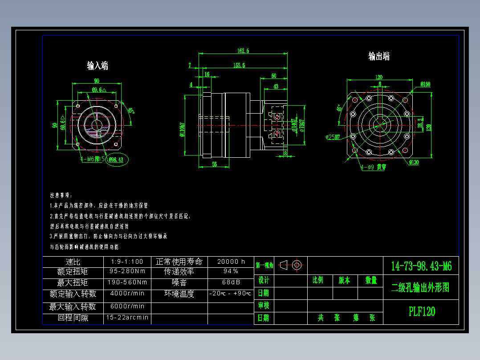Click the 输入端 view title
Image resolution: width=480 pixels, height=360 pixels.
(98, 66)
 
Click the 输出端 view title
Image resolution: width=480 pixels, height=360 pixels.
(379, 57)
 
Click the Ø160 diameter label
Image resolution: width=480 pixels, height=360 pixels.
(425, 84)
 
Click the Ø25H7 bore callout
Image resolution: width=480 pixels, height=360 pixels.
(333, 137)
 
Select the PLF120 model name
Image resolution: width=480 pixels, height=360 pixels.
(422, 311)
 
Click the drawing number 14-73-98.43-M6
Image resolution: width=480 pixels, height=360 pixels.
(421, 266)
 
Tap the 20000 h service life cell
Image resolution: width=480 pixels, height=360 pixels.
(231, 262)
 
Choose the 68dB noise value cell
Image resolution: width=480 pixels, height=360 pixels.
(231, 282)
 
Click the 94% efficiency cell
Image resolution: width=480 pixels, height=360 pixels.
(231, 271)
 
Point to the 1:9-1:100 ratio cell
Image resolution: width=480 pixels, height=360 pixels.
(127, 262)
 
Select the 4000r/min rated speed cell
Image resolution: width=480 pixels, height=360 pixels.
(127, 294)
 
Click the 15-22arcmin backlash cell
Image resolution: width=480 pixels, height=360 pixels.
(127, 318)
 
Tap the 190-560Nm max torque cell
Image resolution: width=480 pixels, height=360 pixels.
(127, 282)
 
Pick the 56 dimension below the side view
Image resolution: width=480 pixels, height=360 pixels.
(215, 164)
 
